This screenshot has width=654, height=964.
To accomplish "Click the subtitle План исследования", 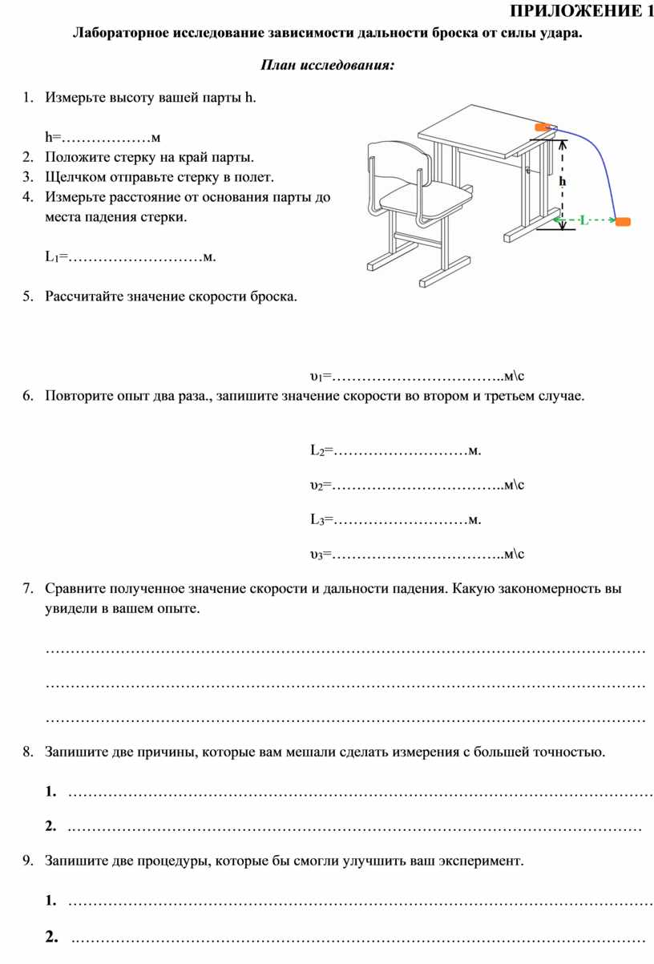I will tap(328, 65).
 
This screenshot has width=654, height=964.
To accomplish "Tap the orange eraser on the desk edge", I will tap(543, 127).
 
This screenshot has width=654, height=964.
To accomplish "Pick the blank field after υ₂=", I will tap(417, 486).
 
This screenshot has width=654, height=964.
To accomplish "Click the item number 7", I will tap(27, 589).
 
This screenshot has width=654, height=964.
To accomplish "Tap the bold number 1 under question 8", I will tap(51, 792).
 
